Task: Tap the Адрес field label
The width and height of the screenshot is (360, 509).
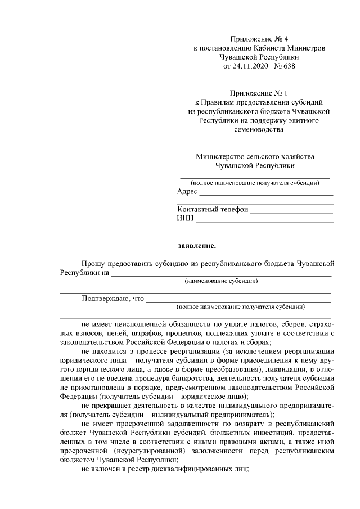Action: coord(187,192)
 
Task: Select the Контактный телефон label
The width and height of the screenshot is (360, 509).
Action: coord(213,210)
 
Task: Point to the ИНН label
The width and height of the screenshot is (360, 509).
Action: coord(185,219)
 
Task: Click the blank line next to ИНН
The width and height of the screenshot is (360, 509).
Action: coord(264,221)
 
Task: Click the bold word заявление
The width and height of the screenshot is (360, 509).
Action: coord(197,245)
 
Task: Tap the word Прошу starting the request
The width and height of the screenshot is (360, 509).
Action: coord(93,263)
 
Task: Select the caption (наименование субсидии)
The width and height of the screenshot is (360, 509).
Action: coord(221,281)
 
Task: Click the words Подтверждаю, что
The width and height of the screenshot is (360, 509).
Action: coord(113,298)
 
